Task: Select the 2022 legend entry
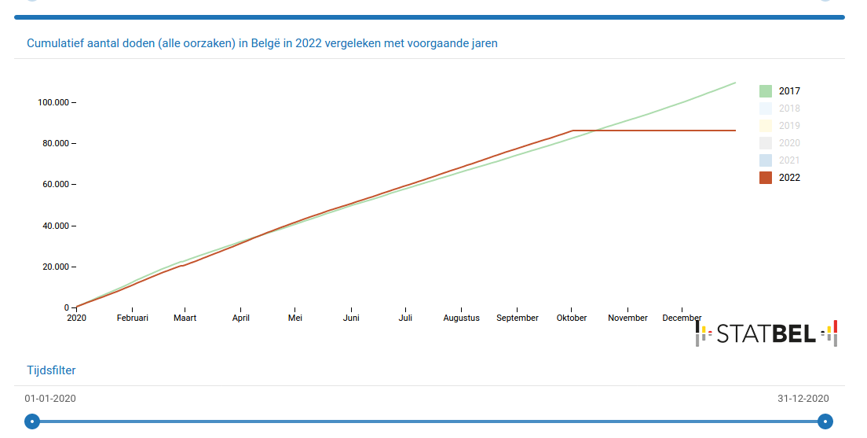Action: pos(780,178)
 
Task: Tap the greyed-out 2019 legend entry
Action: pos(780,126)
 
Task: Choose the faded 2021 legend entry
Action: pos(780,160)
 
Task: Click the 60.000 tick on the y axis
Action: pos(56,184)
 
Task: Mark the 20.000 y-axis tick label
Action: pos(56,267)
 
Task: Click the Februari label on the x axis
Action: pos(132,318)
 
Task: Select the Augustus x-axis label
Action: pos(461,318)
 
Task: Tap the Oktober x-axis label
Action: pos(572,318)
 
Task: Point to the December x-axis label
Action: pos(682,318)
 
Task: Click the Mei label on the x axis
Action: pos(295,318)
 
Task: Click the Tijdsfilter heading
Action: pos(51,370)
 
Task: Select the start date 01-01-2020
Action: pos(50,398)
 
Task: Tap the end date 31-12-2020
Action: pos(803,398)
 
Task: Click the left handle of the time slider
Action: pos(32,421)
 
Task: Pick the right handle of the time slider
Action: pos(825,421)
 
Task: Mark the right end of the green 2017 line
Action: pos(735,83)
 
